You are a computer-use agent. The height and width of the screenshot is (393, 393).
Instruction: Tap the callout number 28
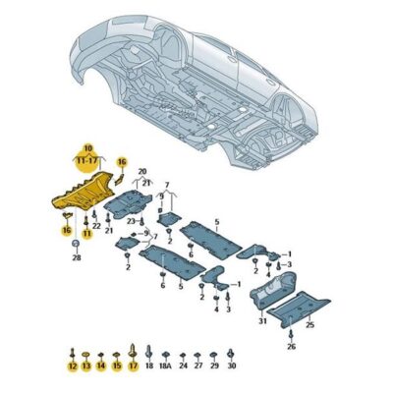coord(76,257)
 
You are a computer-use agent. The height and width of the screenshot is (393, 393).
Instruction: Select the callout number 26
coord(291,346)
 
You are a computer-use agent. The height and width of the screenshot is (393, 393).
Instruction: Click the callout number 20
coord(140,169)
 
